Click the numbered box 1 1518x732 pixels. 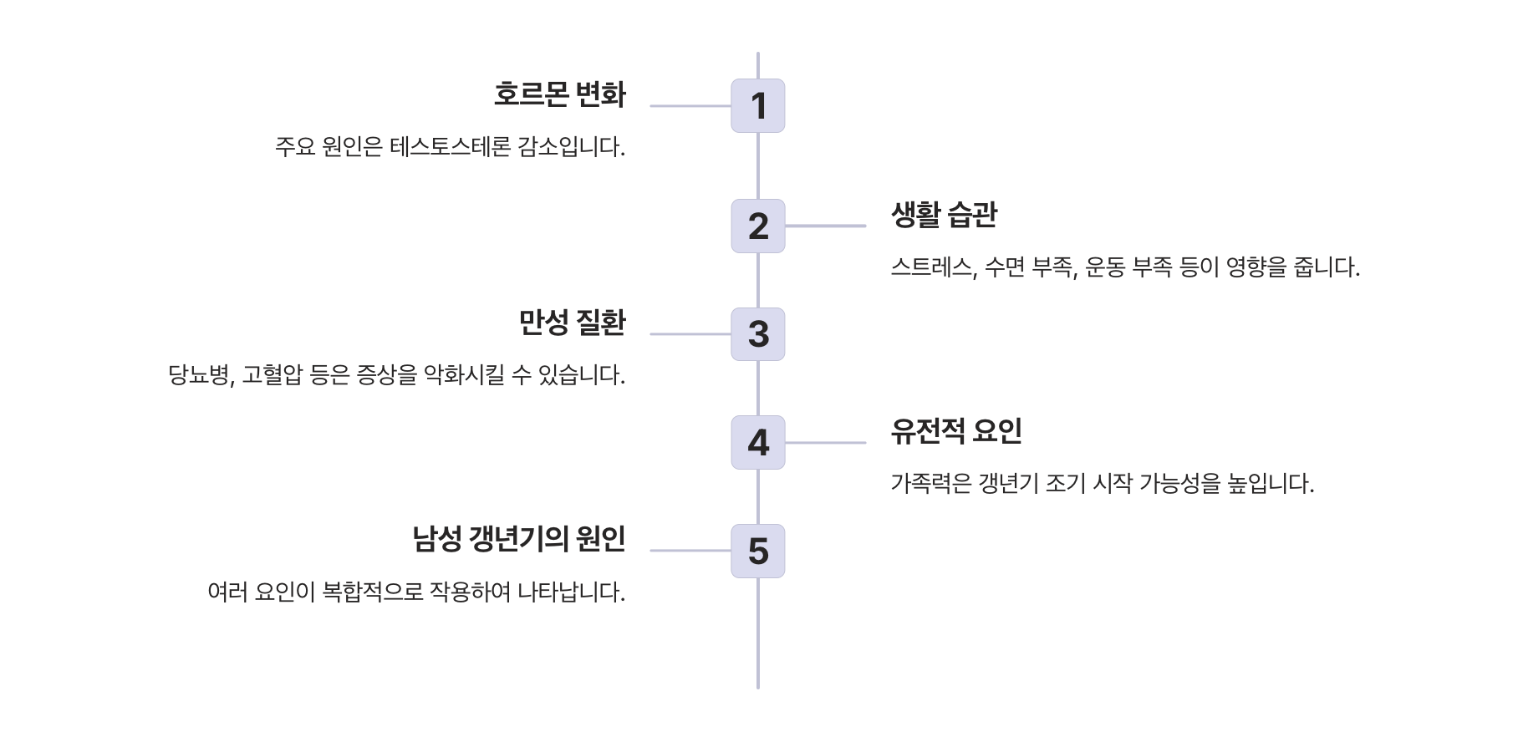757,106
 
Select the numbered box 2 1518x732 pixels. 757,226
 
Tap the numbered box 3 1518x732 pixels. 757,334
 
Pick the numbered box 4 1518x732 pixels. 757,442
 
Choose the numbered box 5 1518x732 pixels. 757,551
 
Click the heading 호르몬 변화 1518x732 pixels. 559,94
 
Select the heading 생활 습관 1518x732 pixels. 944,215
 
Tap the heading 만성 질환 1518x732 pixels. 572,323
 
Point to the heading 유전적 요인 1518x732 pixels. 956,431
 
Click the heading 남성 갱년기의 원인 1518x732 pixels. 518,539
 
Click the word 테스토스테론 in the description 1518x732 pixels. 450,148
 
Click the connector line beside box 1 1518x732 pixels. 690,106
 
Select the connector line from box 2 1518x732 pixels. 825,226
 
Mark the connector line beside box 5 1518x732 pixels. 690,551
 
